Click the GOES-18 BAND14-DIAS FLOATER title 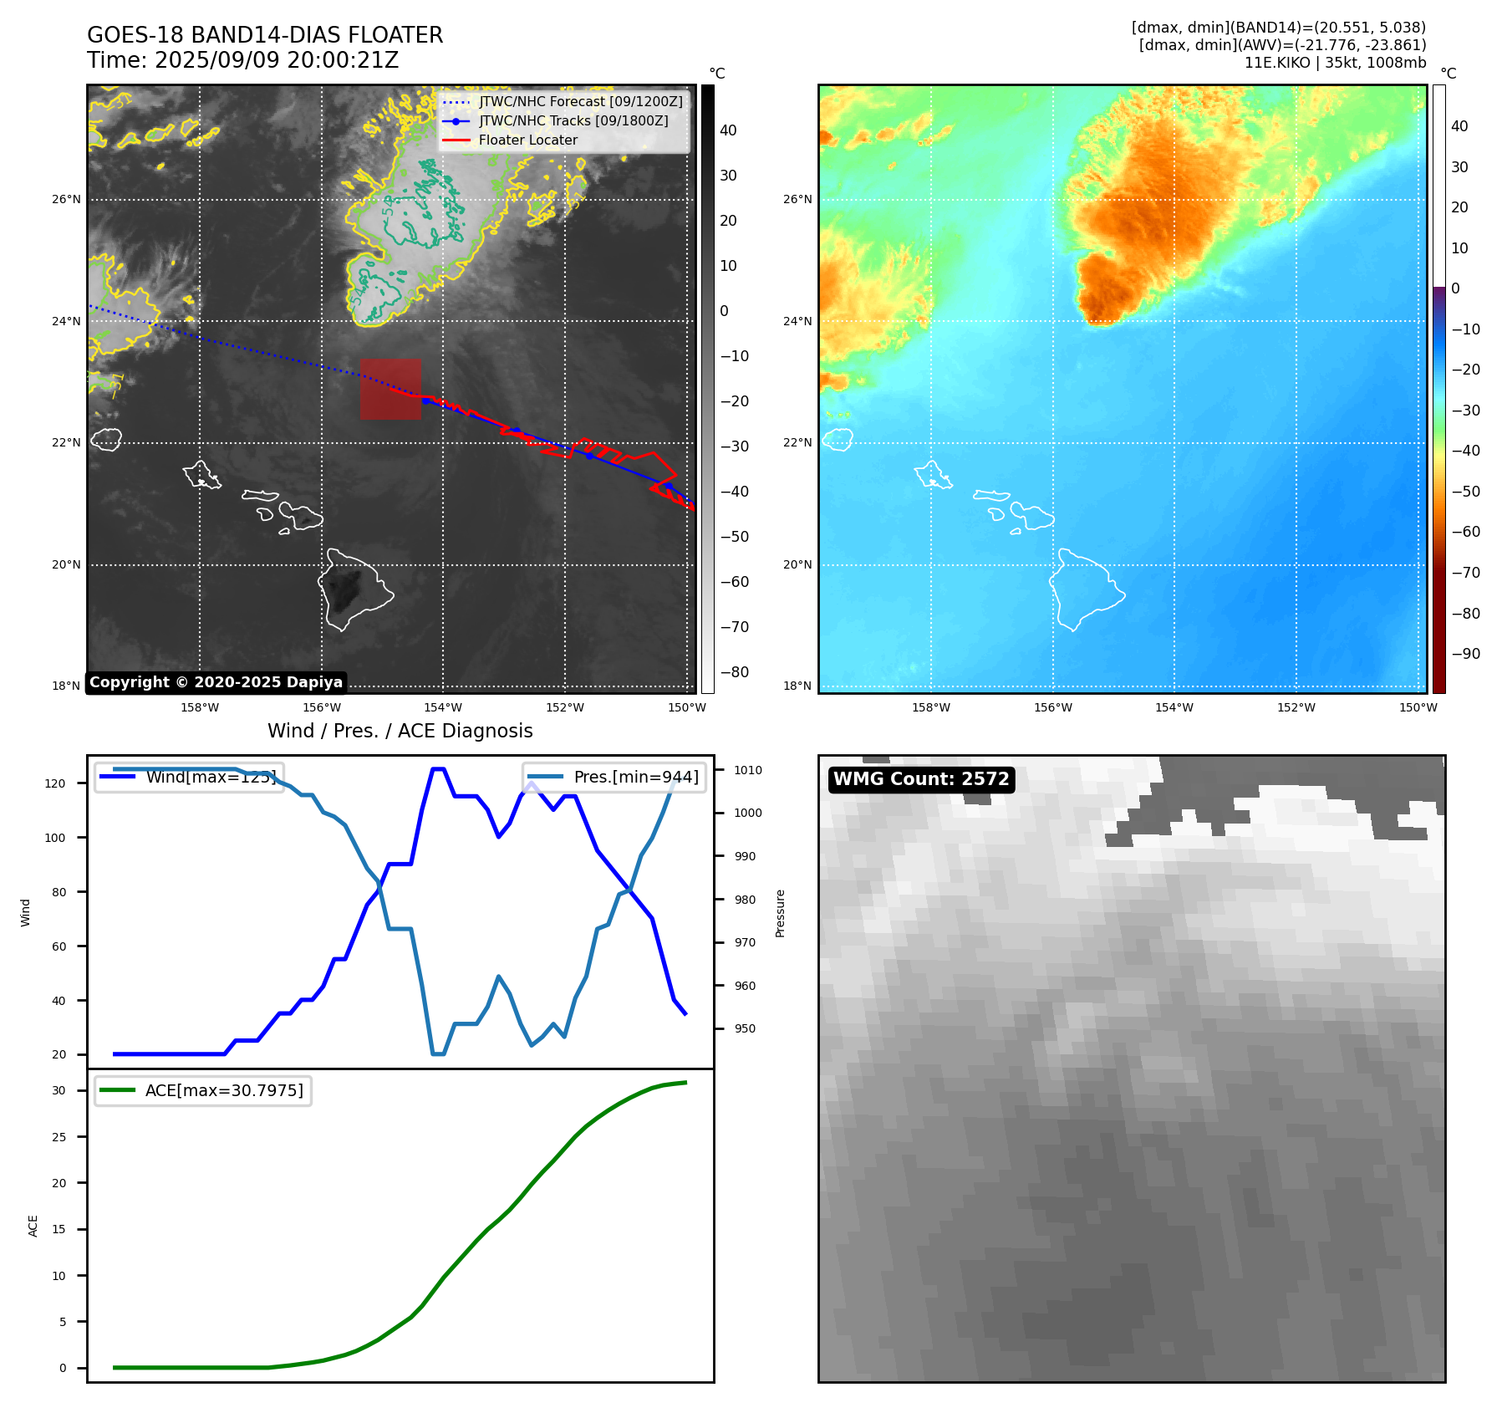(265, 35)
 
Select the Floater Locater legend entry (527, 140)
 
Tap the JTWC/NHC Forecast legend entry (580, 102)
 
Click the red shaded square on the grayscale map (390, 389)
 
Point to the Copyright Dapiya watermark (216, 682)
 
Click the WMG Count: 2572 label (921, 779)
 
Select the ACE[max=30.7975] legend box (203, 1091)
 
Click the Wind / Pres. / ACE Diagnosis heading (400, 731)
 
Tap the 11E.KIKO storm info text (1335, 63)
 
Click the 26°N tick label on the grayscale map (67, 200)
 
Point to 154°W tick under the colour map (1174, 708)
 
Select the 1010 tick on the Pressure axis (748, 770)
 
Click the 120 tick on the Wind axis (55, 783)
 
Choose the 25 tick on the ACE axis (59, 1137)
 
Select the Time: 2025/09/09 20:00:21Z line (242, 61)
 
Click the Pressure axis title (780, 913)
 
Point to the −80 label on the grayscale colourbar (735, 672)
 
